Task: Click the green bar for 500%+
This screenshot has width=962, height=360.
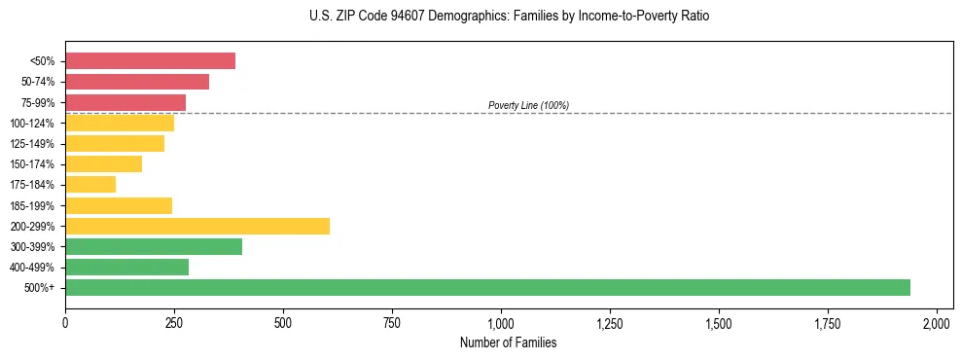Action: pyautogui.click(x=487, y=287)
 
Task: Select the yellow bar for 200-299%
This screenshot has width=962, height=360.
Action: pyautogui.click(x=197, y=226)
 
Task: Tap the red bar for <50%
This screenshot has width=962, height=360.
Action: pyautogui.click(x=150, y=60)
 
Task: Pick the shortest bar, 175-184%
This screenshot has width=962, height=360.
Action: pyautogui.click(x=90, y=184)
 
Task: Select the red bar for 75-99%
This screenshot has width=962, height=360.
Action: pyautogui.click(x=125, y=102)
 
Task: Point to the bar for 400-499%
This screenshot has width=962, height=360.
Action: pyautogui.click(x=126, y=267)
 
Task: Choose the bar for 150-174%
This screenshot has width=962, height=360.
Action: pyautogui.click(x=103, y=163)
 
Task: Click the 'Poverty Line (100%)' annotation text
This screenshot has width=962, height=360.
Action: pyautogui.click(x=528, y=105)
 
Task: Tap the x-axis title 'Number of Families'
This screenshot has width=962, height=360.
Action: pyautogui.click(x=509, y=342)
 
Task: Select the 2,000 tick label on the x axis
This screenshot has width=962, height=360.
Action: pyautogui.click(x=937, y=322)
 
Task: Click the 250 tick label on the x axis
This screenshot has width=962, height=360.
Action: pyautogui.click(x=174, y=322)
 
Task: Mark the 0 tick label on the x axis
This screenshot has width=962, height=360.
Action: pyautogui.click(x=65, y=322)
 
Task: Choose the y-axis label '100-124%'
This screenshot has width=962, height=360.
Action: pyautogui.click(x=33, y=124)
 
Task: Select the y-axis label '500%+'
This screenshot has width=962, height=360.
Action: pyautogui.click(x=41, y=288)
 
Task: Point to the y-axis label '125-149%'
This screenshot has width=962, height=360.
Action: pyautogui.click(x=33, y=144)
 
